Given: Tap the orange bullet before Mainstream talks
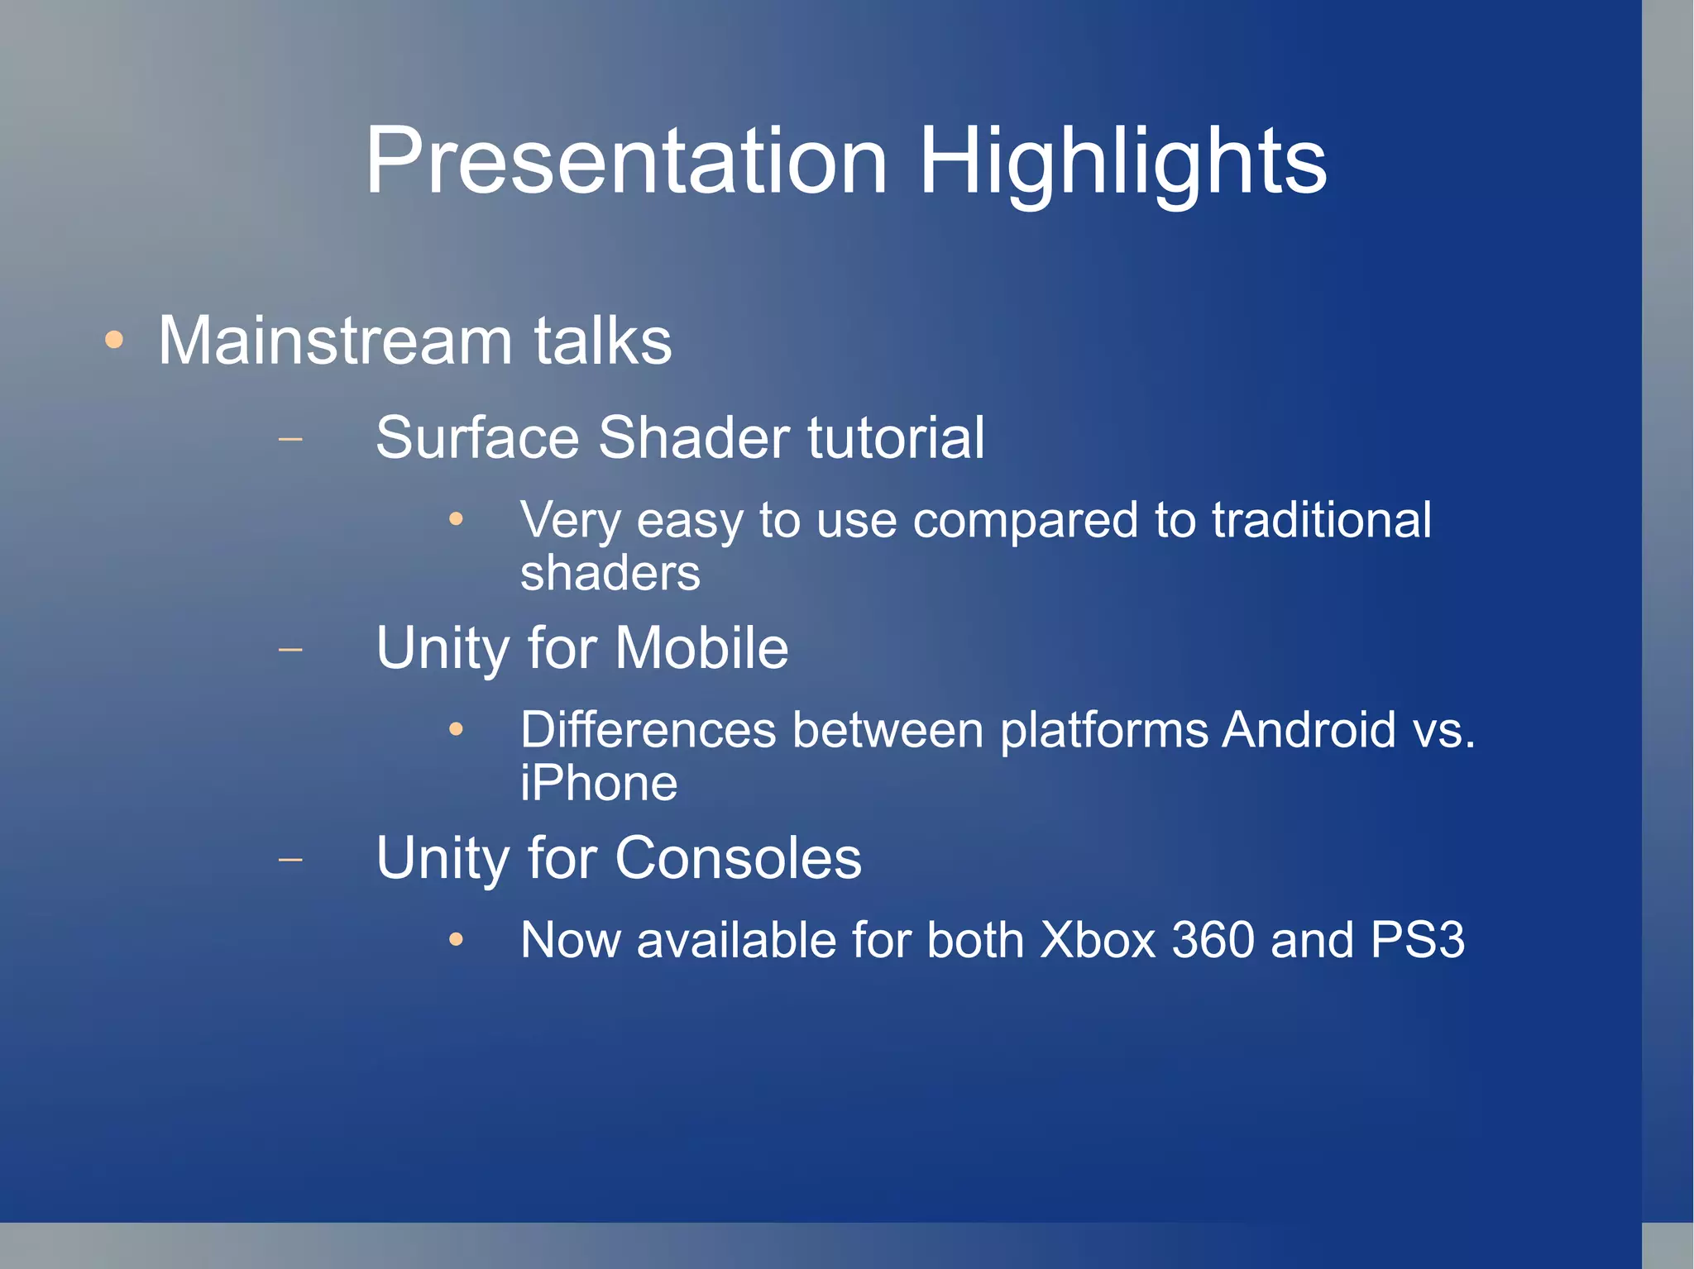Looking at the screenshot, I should click(114, 340).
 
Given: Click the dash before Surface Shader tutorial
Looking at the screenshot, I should click(290, 438).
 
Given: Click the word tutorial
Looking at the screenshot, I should click(895, 437).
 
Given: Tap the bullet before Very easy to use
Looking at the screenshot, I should click(456, 519).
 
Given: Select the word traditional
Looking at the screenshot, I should click(1321, 520).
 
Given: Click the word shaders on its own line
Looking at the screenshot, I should click(610, 573).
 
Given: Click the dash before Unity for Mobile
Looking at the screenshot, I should click(290, 649).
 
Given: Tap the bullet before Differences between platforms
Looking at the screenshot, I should click(456, 729).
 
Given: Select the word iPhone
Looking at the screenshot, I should click(599, 783).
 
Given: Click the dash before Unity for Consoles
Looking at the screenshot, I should click(290, 860).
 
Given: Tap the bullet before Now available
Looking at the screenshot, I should click(456, 940).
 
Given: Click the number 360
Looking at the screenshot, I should click(1213, 940).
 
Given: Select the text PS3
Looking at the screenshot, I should click(1417, 940).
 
